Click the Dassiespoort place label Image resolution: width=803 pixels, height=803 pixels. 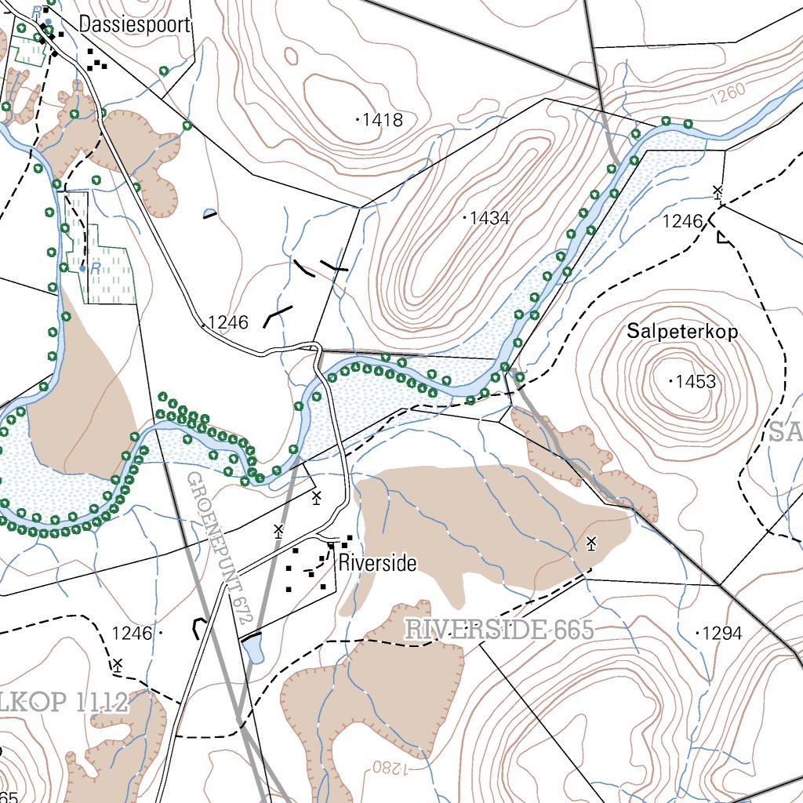point(134,25)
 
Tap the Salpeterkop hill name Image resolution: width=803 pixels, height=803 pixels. point(682,332)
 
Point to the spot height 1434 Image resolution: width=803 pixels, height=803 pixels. point(489,218)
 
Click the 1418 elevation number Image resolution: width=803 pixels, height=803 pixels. point(381,120)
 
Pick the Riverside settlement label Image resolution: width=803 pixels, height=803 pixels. point(377,563)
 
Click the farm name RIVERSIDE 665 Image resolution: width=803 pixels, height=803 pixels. point(499,630)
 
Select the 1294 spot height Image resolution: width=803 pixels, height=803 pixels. point(720,633)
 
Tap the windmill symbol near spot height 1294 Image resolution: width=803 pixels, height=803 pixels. point(591,542)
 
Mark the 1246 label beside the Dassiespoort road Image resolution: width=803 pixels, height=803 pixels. point(227,322)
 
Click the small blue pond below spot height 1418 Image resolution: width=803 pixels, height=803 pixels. point(209,213)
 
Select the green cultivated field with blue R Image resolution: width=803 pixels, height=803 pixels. point(106,267)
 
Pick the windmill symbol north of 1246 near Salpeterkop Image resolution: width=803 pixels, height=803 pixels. point(717,191)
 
